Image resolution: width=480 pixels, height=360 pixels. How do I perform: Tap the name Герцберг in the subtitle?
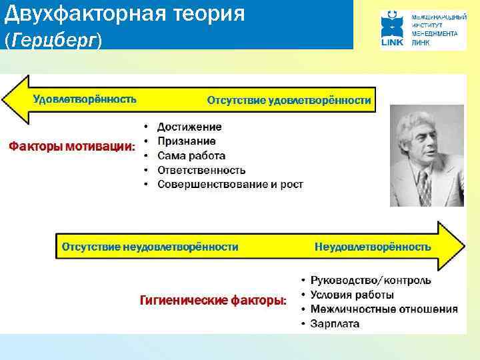coord(53,41)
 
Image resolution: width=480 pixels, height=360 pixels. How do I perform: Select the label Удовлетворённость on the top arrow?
coord(85,99)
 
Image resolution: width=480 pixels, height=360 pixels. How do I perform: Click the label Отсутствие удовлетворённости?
coord(289,100)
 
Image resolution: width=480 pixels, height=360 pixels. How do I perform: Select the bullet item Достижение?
coord(189,127)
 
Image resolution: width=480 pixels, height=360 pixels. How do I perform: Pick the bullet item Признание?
coord(186,141)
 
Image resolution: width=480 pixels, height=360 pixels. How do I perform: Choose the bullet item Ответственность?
coord(201,170)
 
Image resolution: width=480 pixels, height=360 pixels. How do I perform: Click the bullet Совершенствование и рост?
coord(230,184)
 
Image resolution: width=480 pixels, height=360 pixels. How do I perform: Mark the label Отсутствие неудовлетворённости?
coord(150,247)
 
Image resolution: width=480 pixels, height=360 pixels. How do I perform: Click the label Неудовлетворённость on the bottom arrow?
coord(373,247)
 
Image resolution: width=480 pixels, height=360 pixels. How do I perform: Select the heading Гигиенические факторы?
coord(213,301)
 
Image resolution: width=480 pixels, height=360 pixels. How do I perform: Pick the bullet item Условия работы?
coord(352,295)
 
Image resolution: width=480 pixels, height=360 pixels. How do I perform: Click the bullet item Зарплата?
coord(335,323)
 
